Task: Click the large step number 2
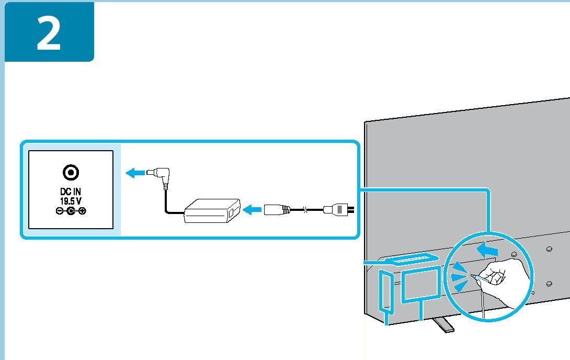pos(49,32)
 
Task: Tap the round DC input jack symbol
pos(71,172)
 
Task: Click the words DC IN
pos(71,192)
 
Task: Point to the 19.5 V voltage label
pos(71,201)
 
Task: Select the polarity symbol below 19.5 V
pos(71,211)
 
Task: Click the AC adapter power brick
pos(212,210)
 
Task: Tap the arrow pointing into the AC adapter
pos(253,210)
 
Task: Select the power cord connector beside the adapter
pos(276,210)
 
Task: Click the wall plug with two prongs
pos(338,210)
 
